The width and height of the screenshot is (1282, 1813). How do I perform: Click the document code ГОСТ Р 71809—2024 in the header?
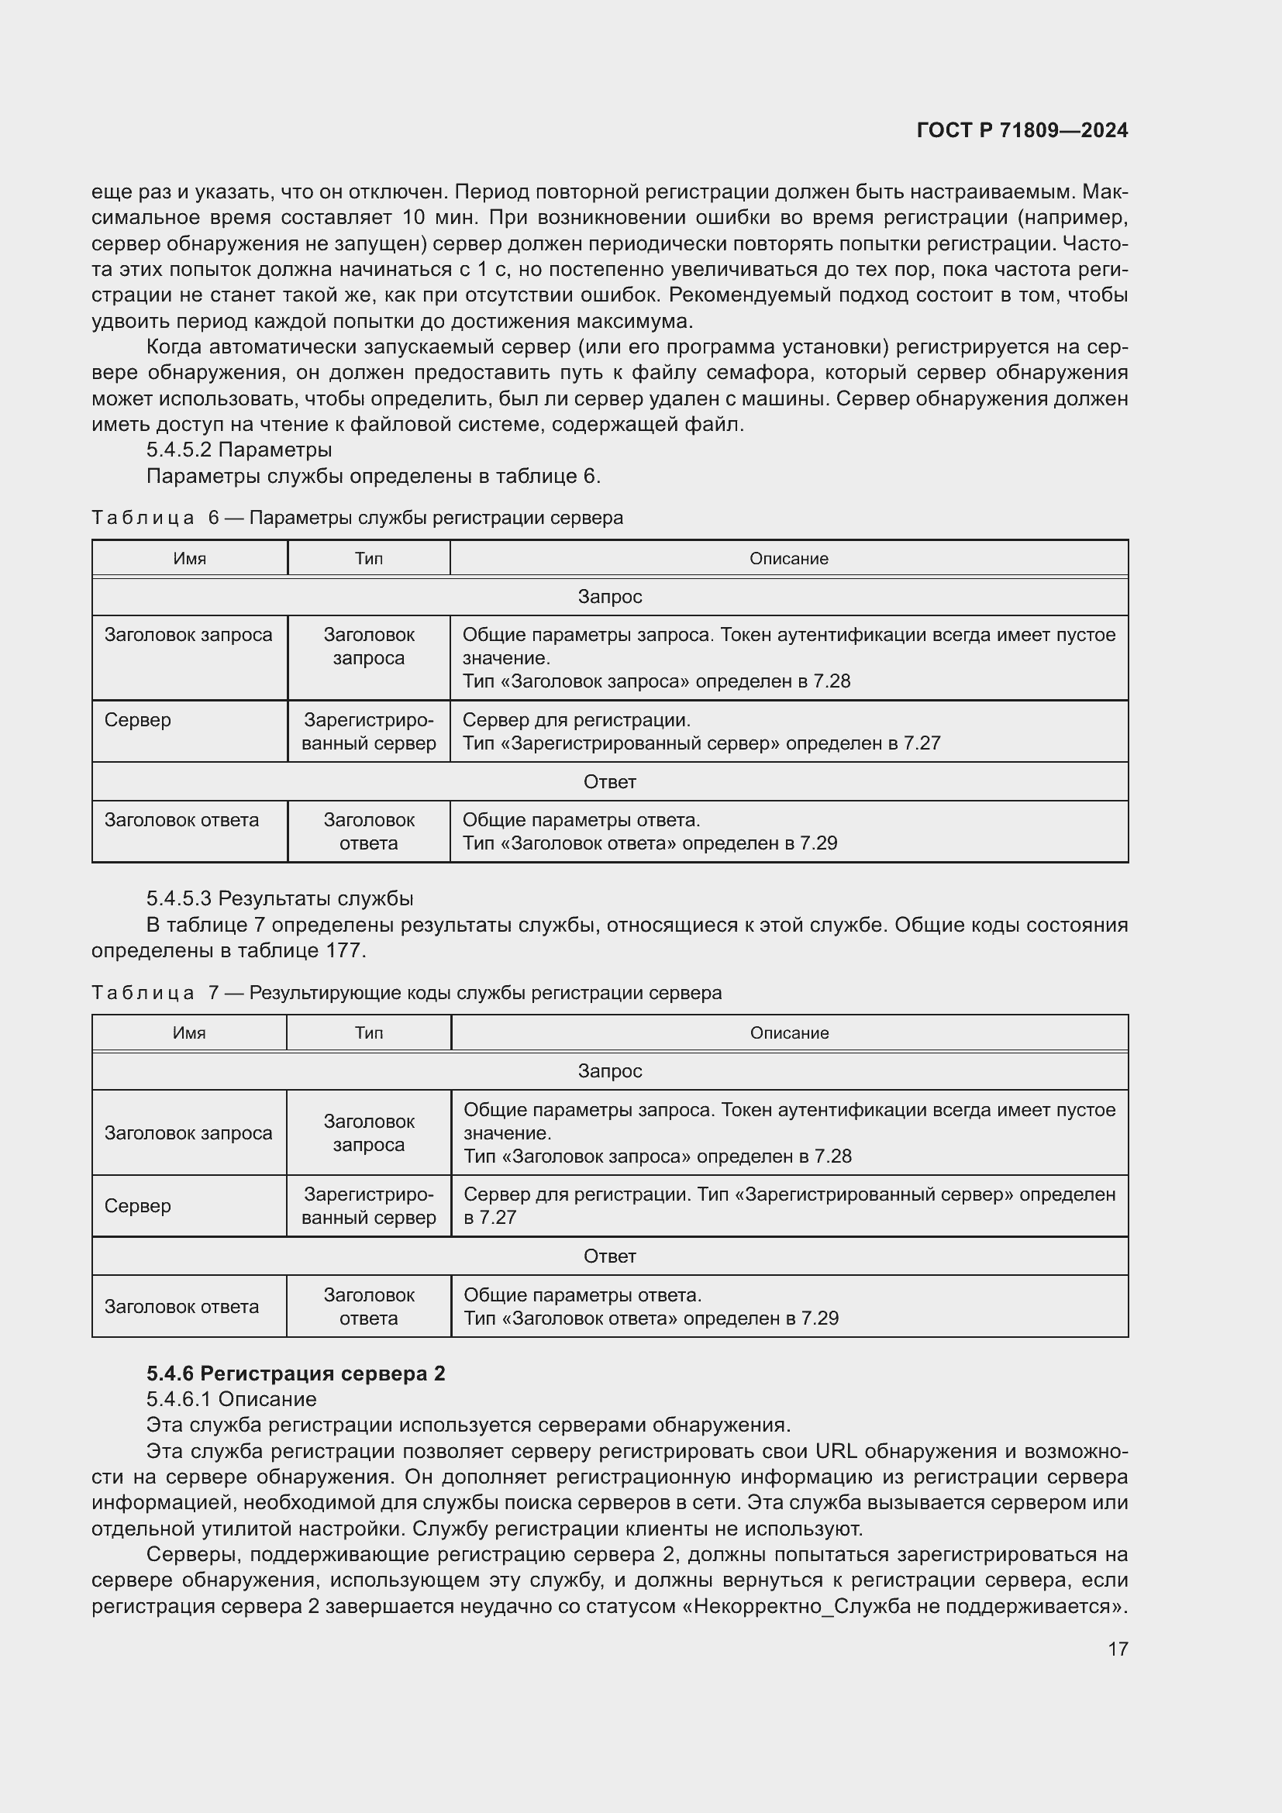pyautogui.click(x=1022, y=130)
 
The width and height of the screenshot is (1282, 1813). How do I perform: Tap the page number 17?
pyautogui.click(x=1117, y=1649)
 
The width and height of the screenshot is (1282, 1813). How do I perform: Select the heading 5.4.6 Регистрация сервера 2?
pyautogui.click(x=295, y=1374)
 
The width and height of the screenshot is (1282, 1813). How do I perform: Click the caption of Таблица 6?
pyautogui.click(x=357, y=518)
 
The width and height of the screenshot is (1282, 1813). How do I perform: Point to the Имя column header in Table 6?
pyautogui.click(x=189, y=558)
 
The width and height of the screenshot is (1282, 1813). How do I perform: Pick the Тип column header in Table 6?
pyautogui.click(x=369, y=558)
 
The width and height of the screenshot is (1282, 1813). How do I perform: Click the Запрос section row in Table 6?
pyautogui.click(x=609, y=597)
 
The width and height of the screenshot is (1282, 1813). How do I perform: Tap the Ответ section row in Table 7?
pyautogui.click(x=609, y=1256)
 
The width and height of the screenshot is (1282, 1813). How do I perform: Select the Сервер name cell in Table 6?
pyautogui.click(x=138, y=720)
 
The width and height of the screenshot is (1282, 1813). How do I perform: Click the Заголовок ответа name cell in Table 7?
pyautogui.click(x=181, y=1307)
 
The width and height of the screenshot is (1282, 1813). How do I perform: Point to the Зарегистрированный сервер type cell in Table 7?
pyautogui.click(x=369, y=1206)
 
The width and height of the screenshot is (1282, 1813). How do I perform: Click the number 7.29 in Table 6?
pyautogui.click(x=818, y=843)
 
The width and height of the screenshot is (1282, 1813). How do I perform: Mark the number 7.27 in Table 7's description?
pyautogui.click(x=489, y=1218)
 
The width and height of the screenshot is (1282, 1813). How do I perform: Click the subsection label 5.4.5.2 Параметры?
pyautogui.click(x=239, y=450)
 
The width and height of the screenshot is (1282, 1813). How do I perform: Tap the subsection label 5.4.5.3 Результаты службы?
pyautogui.click(x=280, y=898)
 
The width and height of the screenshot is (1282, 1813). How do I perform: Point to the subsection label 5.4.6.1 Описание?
pyautogui.click(x=231, y=1399)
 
